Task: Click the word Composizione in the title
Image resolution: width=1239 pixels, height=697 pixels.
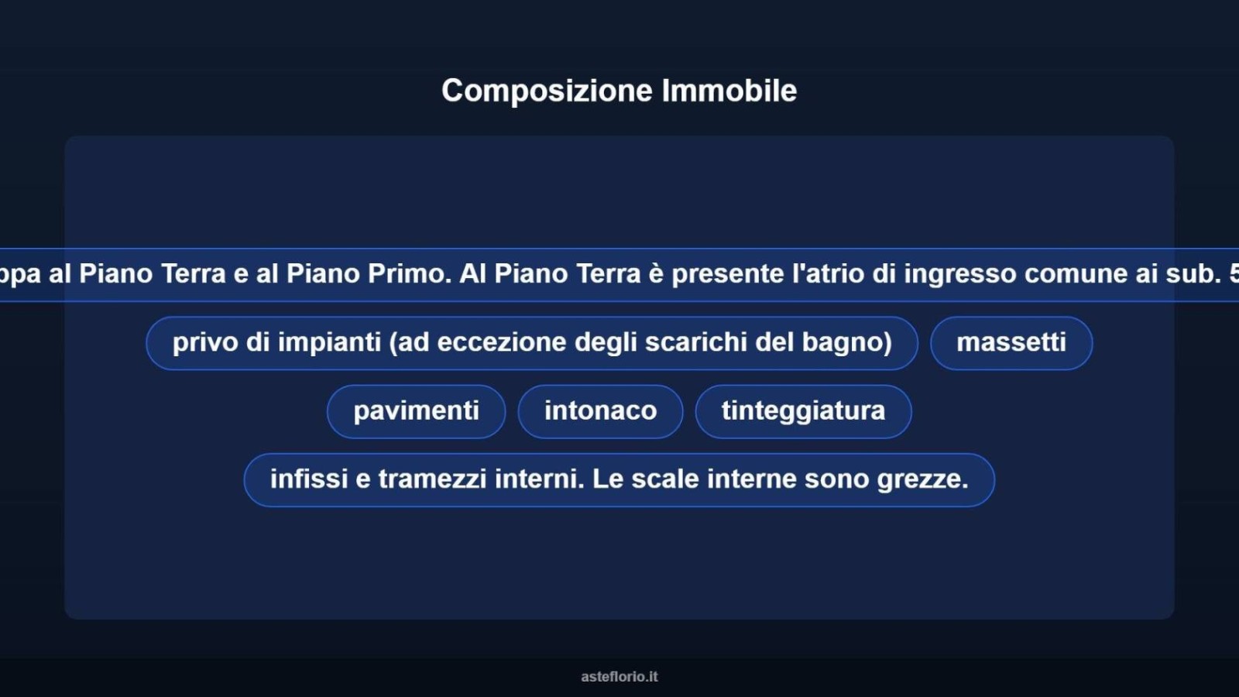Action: (547, 91)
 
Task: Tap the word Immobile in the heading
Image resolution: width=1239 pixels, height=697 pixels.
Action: (729, 90)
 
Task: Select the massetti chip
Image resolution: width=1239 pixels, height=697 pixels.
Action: (1011, 343)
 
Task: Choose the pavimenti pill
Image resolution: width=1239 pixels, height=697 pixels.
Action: (416, 411)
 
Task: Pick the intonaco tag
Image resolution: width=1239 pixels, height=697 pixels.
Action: (600, 411)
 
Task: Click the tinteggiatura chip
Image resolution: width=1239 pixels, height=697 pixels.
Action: (803, 411)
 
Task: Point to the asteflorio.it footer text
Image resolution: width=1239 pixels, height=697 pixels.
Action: (619, 677)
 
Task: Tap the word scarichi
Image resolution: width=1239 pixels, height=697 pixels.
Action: (696, 342)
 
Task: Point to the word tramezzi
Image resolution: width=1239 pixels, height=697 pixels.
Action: (433, 479)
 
